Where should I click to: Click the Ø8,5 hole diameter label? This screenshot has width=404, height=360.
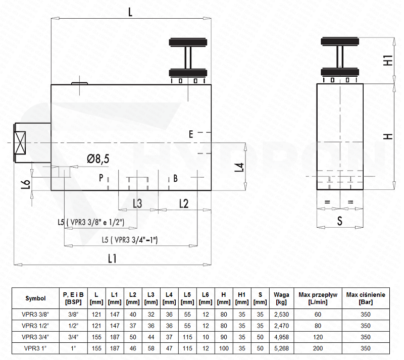click(98, 159)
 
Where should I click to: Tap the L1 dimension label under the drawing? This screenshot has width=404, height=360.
click(112, 259)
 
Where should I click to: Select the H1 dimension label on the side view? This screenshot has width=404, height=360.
click(388, 60)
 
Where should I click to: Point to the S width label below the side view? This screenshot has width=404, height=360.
click(339, 221)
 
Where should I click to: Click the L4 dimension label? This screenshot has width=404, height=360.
click(240, 168)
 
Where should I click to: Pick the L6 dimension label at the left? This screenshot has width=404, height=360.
click(26, 184)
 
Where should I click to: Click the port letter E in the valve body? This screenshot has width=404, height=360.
click(191, 134)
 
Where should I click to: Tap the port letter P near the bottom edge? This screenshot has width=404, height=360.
click(102, 178)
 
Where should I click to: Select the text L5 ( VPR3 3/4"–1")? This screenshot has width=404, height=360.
click(130, 240)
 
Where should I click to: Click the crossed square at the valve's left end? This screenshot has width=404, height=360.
click(20, 143)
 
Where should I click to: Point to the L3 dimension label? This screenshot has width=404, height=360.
click(137, 203)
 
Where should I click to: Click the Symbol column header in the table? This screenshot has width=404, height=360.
click(35, 298)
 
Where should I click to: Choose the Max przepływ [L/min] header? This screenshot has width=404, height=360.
click(318, 298)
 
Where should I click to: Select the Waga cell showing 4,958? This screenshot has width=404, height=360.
click(281, 337)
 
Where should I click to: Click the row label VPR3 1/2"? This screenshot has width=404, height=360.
click(35, 326)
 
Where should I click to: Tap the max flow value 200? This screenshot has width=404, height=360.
click(318, 348)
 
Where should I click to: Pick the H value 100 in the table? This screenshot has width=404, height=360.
click(224, 348)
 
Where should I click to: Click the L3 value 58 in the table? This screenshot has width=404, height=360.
click(151, 348)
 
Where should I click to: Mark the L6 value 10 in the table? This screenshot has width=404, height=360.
click(206, 337)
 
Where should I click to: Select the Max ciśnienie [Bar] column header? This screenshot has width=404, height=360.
click(366, 298)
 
